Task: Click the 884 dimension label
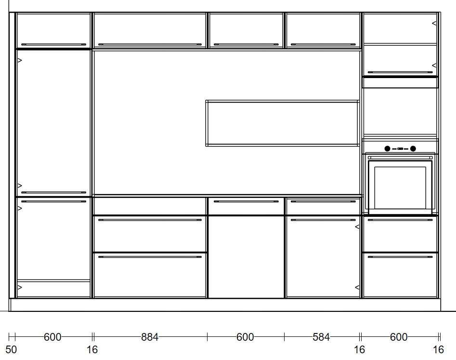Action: point(150,337)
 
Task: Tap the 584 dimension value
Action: point(321,337)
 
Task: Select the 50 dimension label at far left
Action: point(11,349)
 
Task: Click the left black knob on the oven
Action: point(387,149)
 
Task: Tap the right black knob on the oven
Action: point(413,149)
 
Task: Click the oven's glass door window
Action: point(400,188)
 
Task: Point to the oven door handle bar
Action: point(400,158)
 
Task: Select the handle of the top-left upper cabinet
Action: point(53,44)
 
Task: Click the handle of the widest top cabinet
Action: point(150,44)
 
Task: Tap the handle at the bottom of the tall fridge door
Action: point(53,192)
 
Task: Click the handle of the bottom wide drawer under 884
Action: point(150,257)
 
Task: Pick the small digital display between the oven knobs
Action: point(400,149)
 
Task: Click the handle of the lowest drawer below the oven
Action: point(400,257)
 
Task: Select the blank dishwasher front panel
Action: point(246,257)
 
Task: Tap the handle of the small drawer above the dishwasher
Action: point(246,201)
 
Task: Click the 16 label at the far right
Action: point(438,349)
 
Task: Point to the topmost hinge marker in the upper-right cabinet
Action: point(434,23)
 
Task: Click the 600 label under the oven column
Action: point(398,337)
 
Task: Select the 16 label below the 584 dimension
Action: point(359,349)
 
